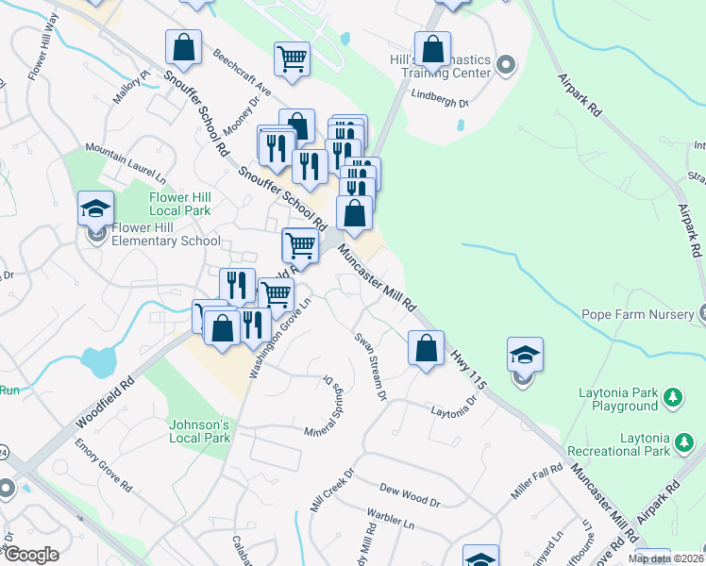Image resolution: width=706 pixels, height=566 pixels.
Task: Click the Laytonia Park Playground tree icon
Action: point(673,399)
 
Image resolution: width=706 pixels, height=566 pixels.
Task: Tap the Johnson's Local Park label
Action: point(199,431)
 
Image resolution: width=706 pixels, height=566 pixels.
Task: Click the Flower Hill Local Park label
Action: point(180,204)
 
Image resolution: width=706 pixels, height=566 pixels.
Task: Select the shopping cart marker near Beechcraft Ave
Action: point(293,58)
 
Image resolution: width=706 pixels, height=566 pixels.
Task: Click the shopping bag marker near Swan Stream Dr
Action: point(427,347)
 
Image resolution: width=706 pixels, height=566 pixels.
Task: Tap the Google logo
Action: point(30,554)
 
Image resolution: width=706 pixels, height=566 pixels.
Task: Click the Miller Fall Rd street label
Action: point(535,480)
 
